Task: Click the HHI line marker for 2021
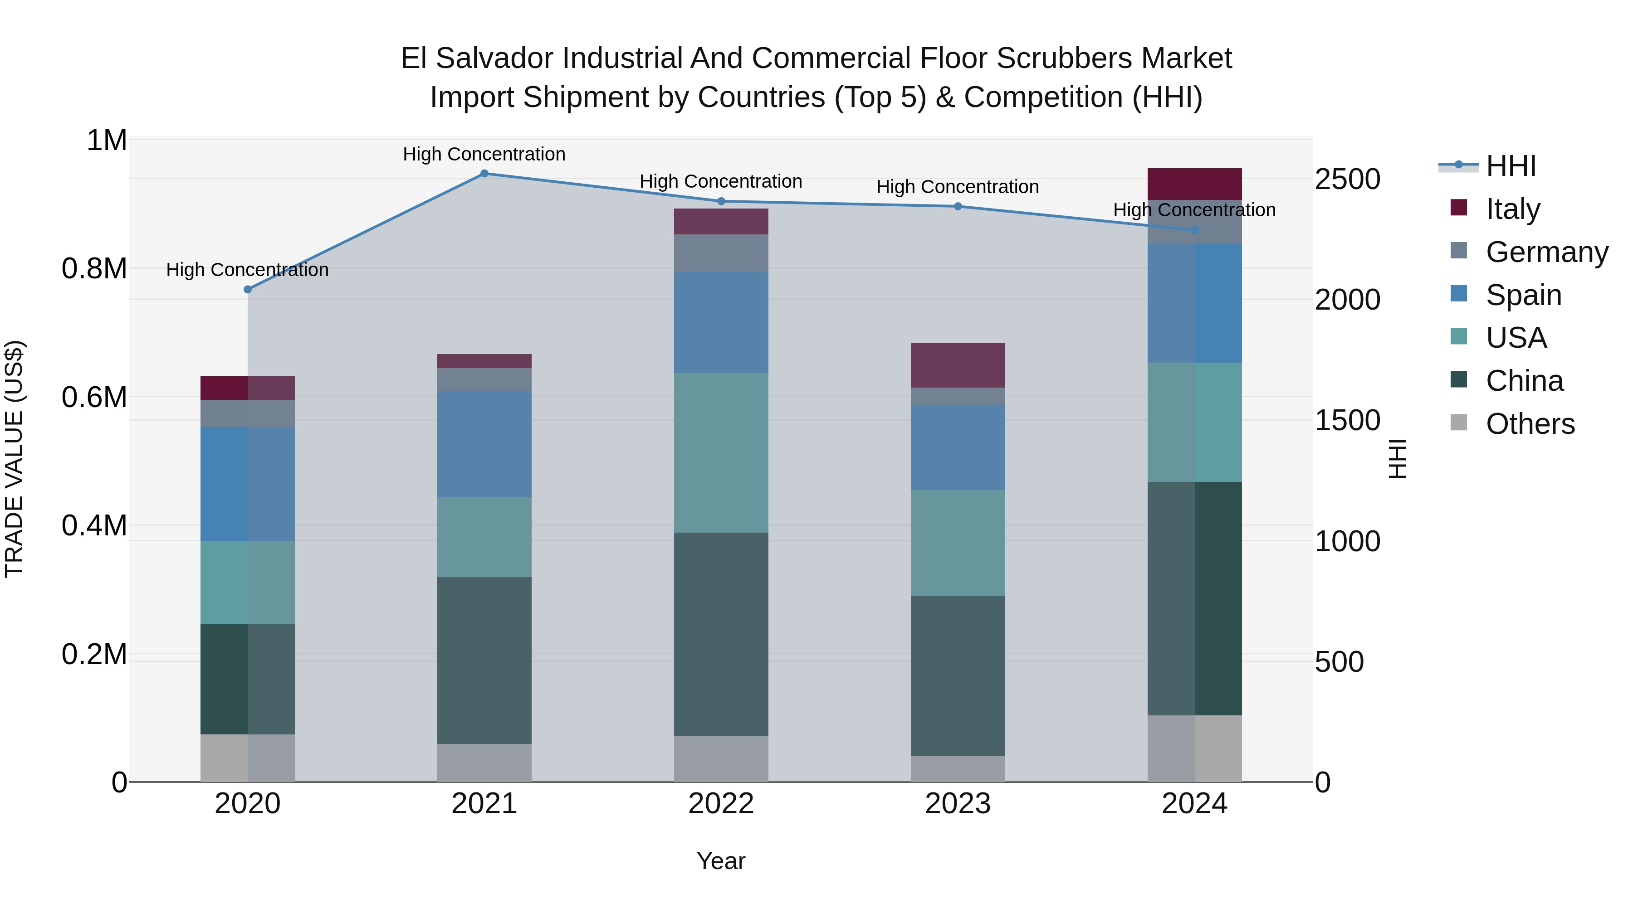[x=484, y=174]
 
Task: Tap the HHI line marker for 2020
[x=248, y=290]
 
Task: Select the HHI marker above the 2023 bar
[x=958, y=207]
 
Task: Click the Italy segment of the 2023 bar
[x=958, y=365]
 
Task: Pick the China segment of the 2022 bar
[x=721, y=634]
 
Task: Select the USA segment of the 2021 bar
[x=484, y=537]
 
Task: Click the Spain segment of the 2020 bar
[x=248, y=484]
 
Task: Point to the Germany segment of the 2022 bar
[x=721, y=253]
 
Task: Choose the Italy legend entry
[x=1512, y=209]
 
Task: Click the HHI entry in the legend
[x=1510, y=166]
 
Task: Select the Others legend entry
[x=1529, y=424]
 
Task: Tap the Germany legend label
[x=1546, y=252]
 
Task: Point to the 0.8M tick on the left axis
[x=94, y=269]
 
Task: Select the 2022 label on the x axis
[x=721, y=804]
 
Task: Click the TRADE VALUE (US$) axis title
[x=14, y=459]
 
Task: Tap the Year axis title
[x=721, y=861]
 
